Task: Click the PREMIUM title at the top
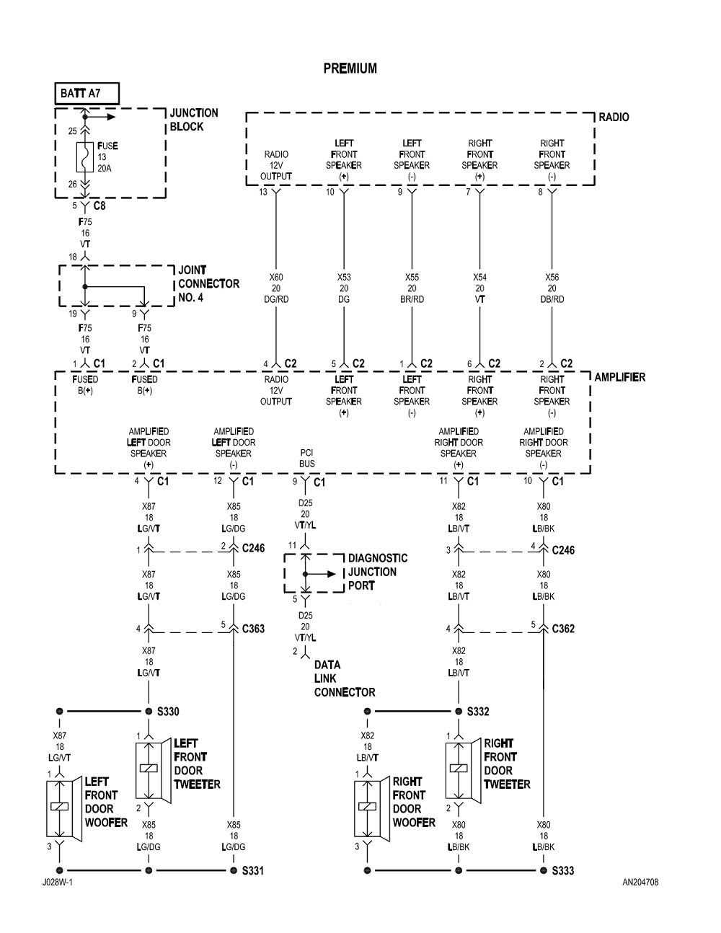350,68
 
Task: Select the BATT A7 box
87,93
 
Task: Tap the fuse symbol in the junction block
84,157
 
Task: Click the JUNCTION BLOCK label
193,120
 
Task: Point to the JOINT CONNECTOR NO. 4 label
208,283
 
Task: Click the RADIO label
614,117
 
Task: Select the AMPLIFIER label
619,377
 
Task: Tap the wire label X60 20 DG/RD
276,288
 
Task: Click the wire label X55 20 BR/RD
412,288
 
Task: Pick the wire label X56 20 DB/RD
552,288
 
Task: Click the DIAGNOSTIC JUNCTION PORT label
377,572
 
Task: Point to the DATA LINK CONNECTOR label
344,678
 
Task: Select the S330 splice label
167,712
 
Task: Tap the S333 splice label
563,871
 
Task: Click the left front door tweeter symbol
149,769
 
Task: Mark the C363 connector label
252,629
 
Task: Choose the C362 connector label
563,629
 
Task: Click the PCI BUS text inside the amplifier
307,459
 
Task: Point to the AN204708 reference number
640,882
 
